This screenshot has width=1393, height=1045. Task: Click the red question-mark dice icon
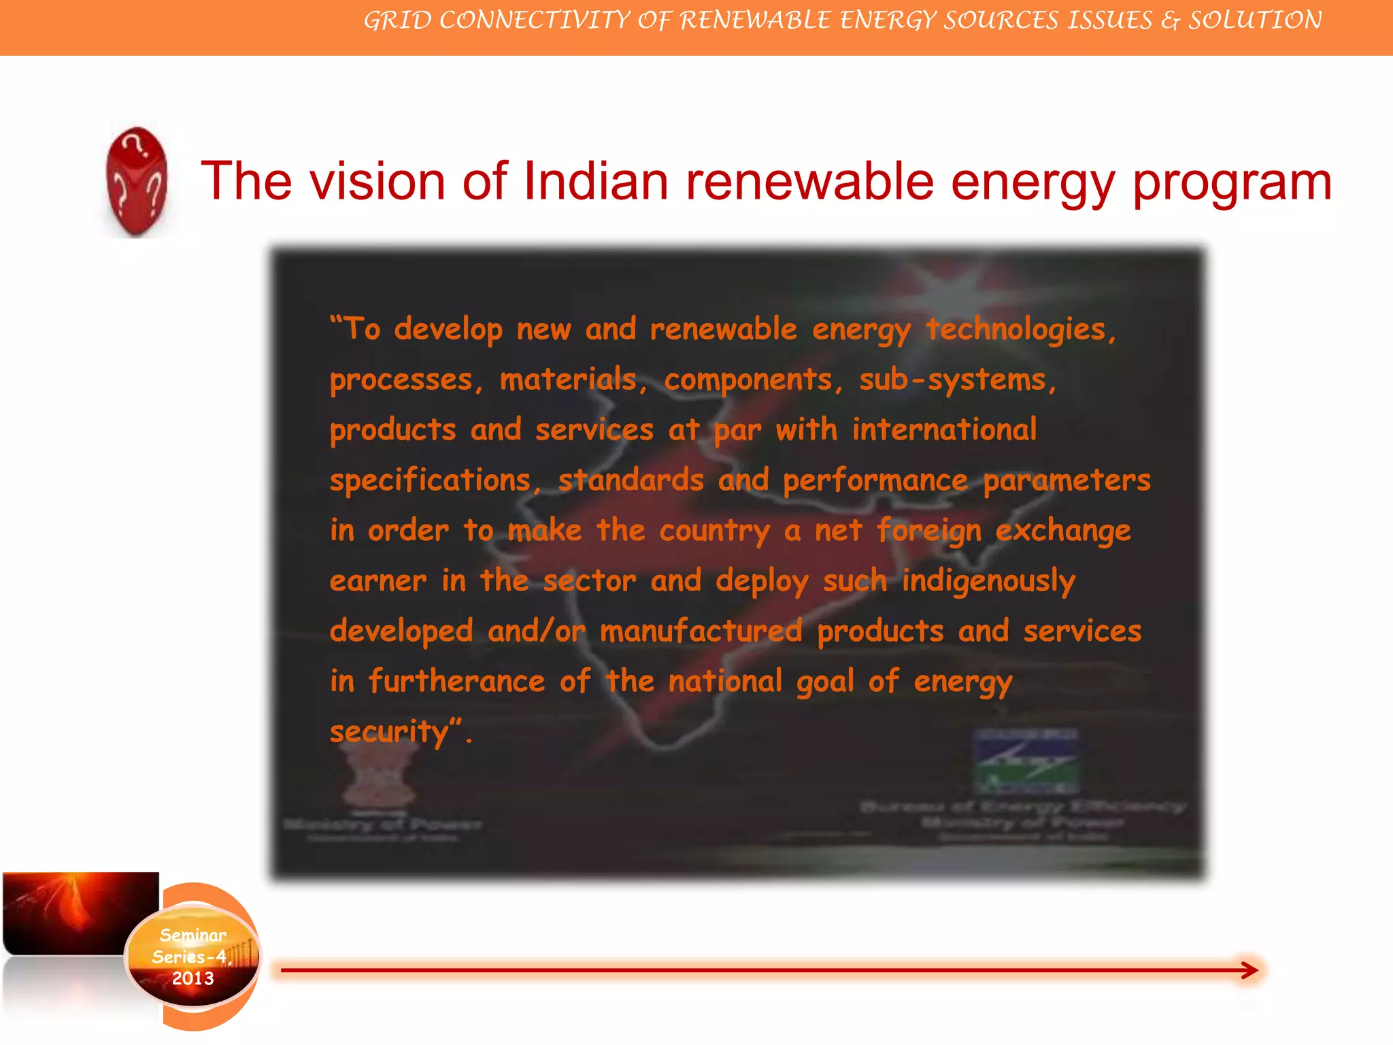(137, 182)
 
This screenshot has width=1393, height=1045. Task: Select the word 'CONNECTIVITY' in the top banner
(535, 20)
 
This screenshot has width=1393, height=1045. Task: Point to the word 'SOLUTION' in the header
(1255, 20)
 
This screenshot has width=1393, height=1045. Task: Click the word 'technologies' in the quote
(1020, 329)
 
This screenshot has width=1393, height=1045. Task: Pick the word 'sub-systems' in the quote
(957, 380)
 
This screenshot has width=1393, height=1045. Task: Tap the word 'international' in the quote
(944, 430)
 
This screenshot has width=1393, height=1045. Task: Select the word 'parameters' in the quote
(1067, 480)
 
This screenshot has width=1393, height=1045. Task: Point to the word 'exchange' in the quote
(1062, 531)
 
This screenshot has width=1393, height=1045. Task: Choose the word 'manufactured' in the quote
(701, 631)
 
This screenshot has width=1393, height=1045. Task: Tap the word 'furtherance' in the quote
(456, 681)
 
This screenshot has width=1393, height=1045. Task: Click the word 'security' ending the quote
(389, 732)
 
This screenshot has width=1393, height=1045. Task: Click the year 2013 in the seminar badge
(193, 978)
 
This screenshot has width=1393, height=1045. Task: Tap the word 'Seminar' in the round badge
(193, 935)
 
